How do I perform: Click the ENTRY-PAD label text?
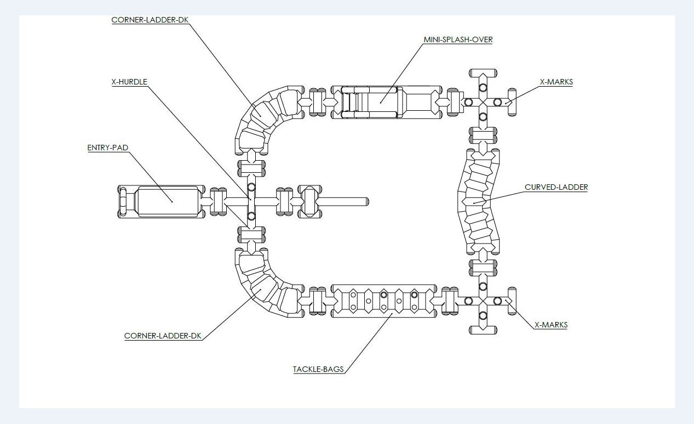pos(107,148)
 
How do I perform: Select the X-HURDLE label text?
pos(129,82)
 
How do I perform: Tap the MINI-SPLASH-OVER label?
pos(458,39)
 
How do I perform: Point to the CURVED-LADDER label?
pos(556,187)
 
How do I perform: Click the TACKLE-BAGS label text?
pos(318,369)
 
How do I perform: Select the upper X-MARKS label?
pos(556,82)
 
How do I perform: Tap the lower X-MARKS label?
pos(550,325)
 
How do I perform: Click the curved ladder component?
pos(479,202)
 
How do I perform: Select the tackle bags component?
pos(384,301)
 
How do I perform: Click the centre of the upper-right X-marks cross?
pos(483,102)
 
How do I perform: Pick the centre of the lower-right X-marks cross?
pos(483,301)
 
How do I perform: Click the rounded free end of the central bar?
pos(365,202)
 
